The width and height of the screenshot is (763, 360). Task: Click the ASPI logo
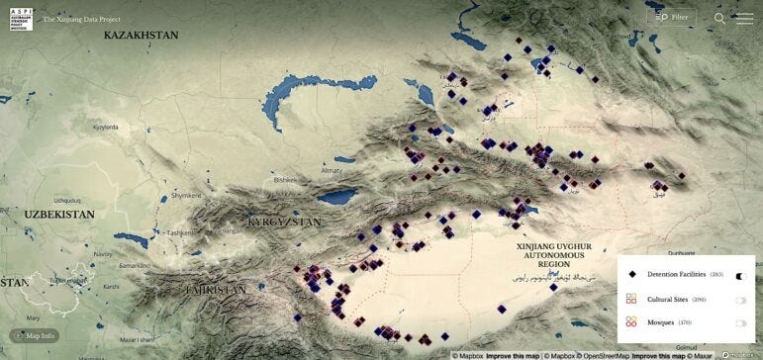[x=21, y=18]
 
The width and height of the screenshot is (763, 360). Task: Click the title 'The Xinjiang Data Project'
[x=82, y=18]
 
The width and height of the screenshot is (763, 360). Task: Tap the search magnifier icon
[x=719, y=18]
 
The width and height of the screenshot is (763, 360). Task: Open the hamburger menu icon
[x=744, y=18]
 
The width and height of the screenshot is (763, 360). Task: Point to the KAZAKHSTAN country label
[x=141, y=35]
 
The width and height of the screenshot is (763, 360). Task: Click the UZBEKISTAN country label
[x=59, y=214]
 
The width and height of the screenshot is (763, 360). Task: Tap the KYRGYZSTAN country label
[x=285, y=223]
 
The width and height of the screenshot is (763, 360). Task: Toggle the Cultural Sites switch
[x=740, y=299]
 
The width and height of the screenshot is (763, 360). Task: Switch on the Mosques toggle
[x=740, y=322]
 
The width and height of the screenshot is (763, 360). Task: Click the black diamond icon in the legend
[x=631, y=274]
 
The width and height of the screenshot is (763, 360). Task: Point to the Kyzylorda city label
[x=105, y=128]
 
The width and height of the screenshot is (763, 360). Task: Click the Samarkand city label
[x=134, y=266]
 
